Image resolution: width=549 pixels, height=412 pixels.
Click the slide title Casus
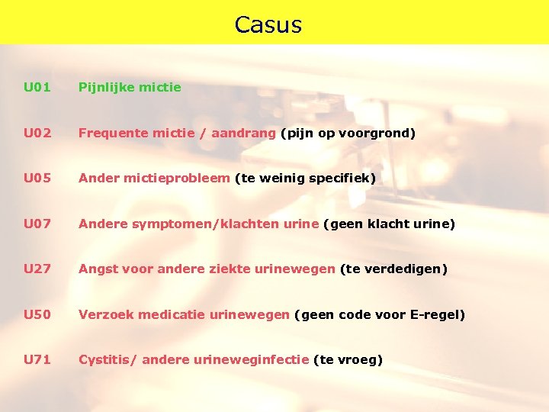(268, 25)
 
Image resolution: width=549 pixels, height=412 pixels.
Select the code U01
(37, 87)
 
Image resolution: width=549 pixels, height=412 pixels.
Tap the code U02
(37, 133)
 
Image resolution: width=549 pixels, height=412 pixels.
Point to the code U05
(37, 178)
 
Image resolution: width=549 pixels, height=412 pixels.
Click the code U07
(37, 224)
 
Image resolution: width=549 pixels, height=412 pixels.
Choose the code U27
(37, 269)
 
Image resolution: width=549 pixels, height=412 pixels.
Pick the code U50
(37, 314)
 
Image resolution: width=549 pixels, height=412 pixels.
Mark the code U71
(37, 359)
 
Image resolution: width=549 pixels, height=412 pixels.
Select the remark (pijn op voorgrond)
(348, 133)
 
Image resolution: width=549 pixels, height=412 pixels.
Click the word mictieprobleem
(172, 178)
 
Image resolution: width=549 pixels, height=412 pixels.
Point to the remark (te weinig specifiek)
(305, 178)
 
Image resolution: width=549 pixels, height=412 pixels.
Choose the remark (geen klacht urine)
(389, 224)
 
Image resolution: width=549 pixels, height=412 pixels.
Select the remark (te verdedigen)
(393, 269)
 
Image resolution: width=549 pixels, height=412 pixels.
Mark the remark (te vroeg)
(348, 359)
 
